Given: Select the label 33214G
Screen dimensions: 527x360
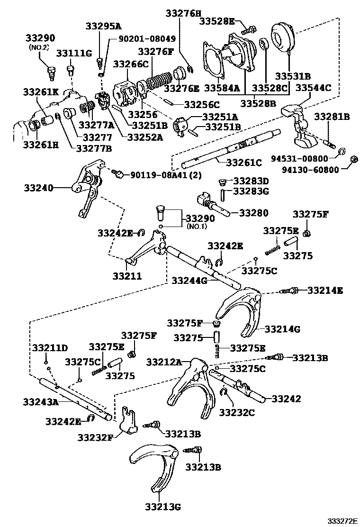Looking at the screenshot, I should [282, 328].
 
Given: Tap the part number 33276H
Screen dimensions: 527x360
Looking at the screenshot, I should [183, 14].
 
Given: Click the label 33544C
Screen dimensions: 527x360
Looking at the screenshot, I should [313, 87].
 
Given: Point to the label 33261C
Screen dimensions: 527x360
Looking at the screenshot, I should [244, 163].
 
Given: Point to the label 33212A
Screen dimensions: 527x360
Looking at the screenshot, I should [164, 362].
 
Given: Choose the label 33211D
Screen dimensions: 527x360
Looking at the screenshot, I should [50, 348].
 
